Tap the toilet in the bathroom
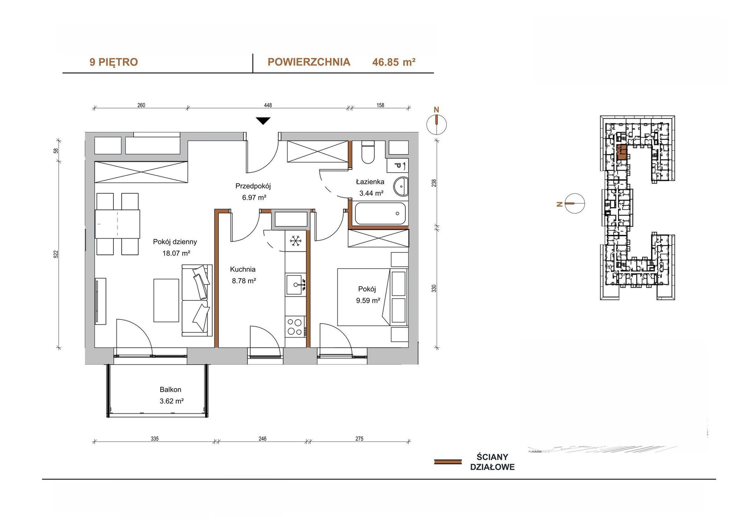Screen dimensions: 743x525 [367, 152]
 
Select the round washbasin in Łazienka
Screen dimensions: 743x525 [401, 187]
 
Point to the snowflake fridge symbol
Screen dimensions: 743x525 [295, 241]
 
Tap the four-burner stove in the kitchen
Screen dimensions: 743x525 [295, 327]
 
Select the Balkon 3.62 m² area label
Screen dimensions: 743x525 [171, 395]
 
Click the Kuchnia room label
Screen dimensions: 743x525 [243, 269]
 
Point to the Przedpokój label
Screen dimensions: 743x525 [253, 186]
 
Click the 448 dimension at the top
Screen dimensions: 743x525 [267, 105]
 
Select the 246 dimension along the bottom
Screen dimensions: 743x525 [262, 439]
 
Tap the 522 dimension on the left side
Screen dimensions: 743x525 [56, 254]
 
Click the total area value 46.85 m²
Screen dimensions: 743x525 [394, 62]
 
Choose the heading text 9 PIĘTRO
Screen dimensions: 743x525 [113, 62]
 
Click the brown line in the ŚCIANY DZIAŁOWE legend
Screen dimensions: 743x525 [448, 462]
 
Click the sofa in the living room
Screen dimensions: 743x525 [197, 300]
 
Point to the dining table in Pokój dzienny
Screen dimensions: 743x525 [117, 224]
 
